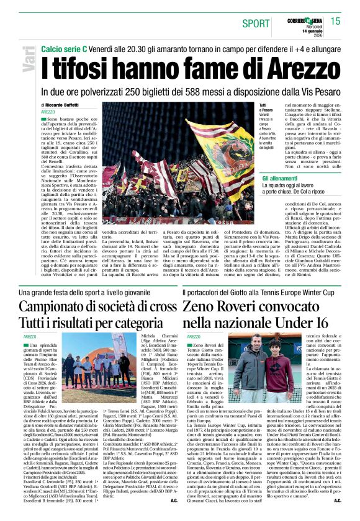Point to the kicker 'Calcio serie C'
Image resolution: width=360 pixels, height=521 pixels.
[x=64, y=49]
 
